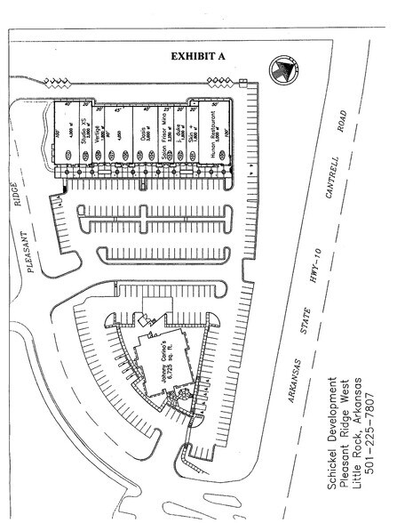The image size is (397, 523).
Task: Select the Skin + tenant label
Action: pos(195,140)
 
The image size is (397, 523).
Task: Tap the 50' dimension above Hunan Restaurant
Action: pos(215,106)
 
